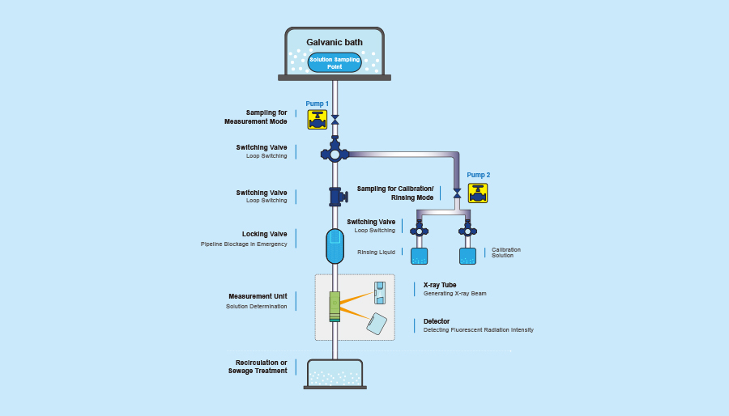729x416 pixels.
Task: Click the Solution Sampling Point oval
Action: click(x=335, y=62)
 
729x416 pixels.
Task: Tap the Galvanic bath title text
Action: click(x=335, y=42)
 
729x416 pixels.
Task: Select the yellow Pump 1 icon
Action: click(x=317, y=120)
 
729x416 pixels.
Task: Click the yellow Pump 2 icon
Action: click(x=478, y=193)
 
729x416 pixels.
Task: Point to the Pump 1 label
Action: click(x=317, y=104)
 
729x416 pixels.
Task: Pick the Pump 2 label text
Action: click(x=478, y=175)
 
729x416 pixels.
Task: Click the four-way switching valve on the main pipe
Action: click(x=335, y=153)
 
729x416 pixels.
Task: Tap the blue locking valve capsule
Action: click(x=335, y=246)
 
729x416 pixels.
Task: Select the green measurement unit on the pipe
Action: click(x=335, y=307)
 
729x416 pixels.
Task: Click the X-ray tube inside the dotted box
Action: click(x=379, y=293)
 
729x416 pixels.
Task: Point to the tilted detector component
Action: click(x=377, y=324)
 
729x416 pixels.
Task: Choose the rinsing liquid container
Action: click(x=419, y=256)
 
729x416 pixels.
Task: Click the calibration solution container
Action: click(x=467, y=256)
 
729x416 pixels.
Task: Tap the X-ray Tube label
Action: click(x=440, y=285)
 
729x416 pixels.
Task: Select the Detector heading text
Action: click(x=437, y=321)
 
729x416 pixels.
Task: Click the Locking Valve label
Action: click(x=264, y=234)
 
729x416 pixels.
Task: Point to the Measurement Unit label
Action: click(x=258, y=296)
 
